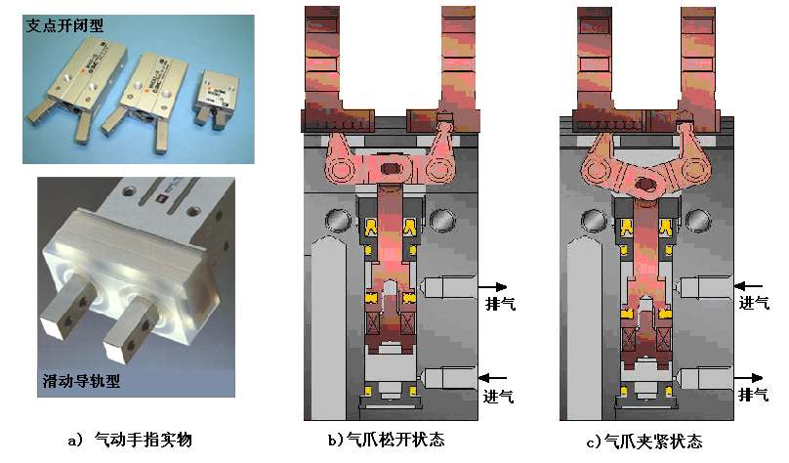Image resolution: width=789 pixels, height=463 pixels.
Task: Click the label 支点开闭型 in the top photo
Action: pos(64,25)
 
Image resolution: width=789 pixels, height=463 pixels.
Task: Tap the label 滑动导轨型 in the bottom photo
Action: pos(81,381)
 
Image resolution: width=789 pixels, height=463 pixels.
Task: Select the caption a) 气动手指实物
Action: pos(130,440)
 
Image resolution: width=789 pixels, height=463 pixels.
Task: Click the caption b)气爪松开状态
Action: pos(387,440)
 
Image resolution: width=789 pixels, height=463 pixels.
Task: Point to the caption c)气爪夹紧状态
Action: pos(644,442)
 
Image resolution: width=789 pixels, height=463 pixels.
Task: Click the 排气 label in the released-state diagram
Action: pos(500,304)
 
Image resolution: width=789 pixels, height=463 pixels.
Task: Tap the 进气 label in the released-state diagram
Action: pos(499,397)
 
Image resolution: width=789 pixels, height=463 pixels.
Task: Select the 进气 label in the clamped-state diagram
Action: pos(754,303)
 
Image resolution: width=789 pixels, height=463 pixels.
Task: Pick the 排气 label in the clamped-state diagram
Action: pos(753,395)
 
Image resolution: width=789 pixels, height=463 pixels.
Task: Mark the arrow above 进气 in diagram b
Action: pos(492,377)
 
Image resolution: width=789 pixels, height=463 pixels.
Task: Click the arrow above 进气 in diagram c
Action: pos(748,286)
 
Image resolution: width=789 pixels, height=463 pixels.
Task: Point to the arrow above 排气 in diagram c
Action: pos(748,377)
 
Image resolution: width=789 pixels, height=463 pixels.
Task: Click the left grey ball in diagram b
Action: pos(338,221)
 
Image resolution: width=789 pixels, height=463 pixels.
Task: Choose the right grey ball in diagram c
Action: pos(698,221)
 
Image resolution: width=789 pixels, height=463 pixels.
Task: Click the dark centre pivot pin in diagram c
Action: pos(645,185)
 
